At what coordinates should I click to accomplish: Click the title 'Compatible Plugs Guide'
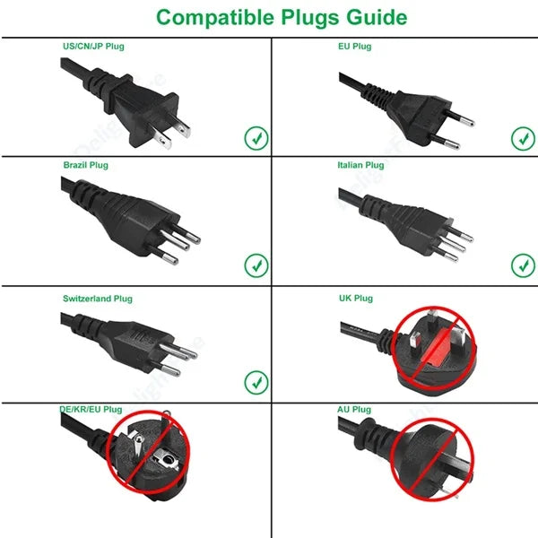click(282, 18)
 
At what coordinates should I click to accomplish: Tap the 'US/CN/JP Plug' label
click(93, 47)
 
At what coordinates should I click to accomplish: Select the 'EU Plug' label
click(355, 47)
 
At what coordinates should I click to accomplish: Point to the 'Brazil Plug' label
click(86, 165)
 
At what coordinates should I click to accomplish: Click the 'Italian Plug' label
click(360, 165)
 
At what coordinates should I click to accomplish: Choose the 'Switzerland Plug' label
click(98, 299)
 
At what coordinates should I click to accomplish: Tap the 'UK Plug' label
click(356, 299)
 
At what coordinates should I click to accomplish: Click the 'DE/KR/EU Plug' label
click(91, 410)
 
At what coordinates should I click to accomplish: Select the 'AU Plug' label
click(354, 410)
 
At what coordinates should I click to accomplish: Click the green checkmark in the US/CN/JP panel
click(256, 138)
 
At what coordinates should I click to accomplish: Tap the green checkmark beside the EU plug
click(523, 139)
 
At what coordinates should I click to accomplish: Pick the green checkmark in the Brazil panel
click(256, 265)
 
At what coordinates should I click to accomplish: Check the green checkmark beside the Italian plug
click(523, 265)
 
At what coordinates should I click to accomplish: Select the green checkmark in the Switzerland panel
click(256, 383)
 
